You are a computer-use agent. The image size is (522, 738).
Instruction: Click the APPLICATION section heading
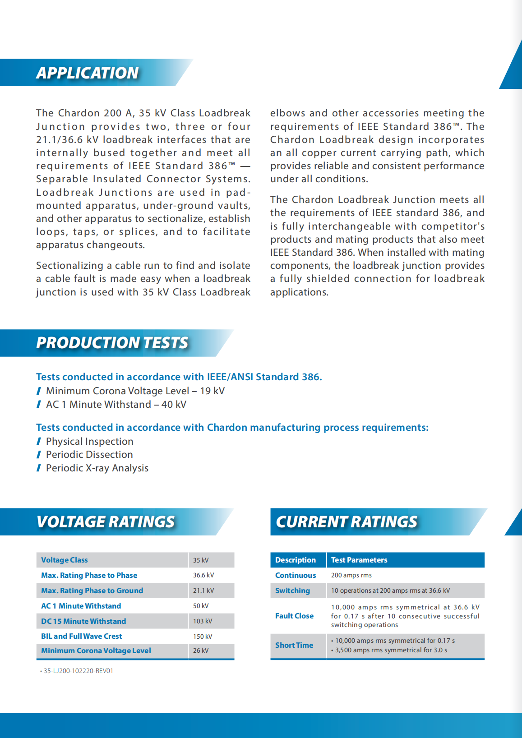point(88,73)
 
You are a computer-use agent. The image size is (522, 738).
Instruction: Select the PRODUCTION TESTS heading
point(112,343)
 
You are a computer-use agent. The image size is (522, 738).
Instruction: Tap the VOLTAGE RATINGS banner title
point(106,522)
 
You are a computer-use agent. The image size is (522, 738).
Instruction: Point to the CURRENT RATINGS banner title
point(346,522)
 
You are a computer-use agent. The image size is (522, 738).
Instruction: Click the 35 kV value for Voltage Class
point(201,560)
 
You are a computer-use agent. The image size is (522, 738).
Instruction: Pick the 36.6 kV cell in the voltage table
point(203,575)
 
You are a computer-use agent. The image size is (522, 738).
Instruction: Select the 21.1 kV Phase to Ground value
point(203,590)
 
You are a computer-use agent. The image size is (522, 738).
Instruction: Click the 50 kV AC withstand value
point(201,606)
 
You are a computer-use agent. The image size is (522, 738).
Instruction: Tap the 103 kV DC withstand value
point(203,621)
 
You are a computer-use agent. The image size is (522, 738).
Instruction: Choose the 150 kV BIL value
point(203,637)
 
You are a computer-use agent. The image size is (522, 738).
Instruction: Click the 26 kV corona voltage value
point(201,650)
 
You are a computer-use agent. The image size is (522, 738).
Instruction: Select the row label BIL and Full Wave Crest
point(82,636)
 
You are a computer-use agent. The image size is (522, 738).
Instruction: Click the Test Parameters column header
point(359,560)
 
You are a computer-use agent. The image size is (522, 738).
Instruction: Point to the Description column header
point(296,560)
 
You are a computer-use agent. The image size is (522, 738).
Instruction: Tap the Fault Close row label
point(294,616)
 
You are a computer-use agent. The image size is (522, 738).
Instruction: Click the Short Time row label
point(294,645)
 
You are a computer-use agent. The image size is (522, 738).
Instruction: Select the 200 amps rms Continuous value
point(351,575)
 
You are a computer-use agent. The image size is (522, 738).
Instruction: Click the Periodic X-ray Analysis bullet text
point(97,468)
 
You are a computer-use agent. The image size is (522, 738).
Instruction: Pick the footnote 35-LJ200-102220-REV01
point(78,671)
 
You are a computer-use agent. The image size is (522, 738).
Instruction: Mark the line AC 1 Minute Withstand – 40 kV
point(116,405)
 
